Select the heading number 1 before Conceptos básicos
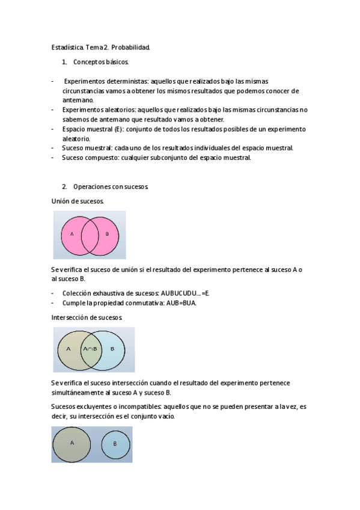click(64, 62)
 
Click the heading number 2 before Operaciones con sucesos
click(64, 186)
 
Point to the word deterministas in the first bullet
click(126, 81)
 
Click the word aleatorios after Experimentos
click(118, 110)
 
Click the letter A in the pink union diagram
click(72, 233)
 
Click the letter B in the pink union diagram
click(107, 233)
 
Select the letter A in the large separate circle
click(72, 443)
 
